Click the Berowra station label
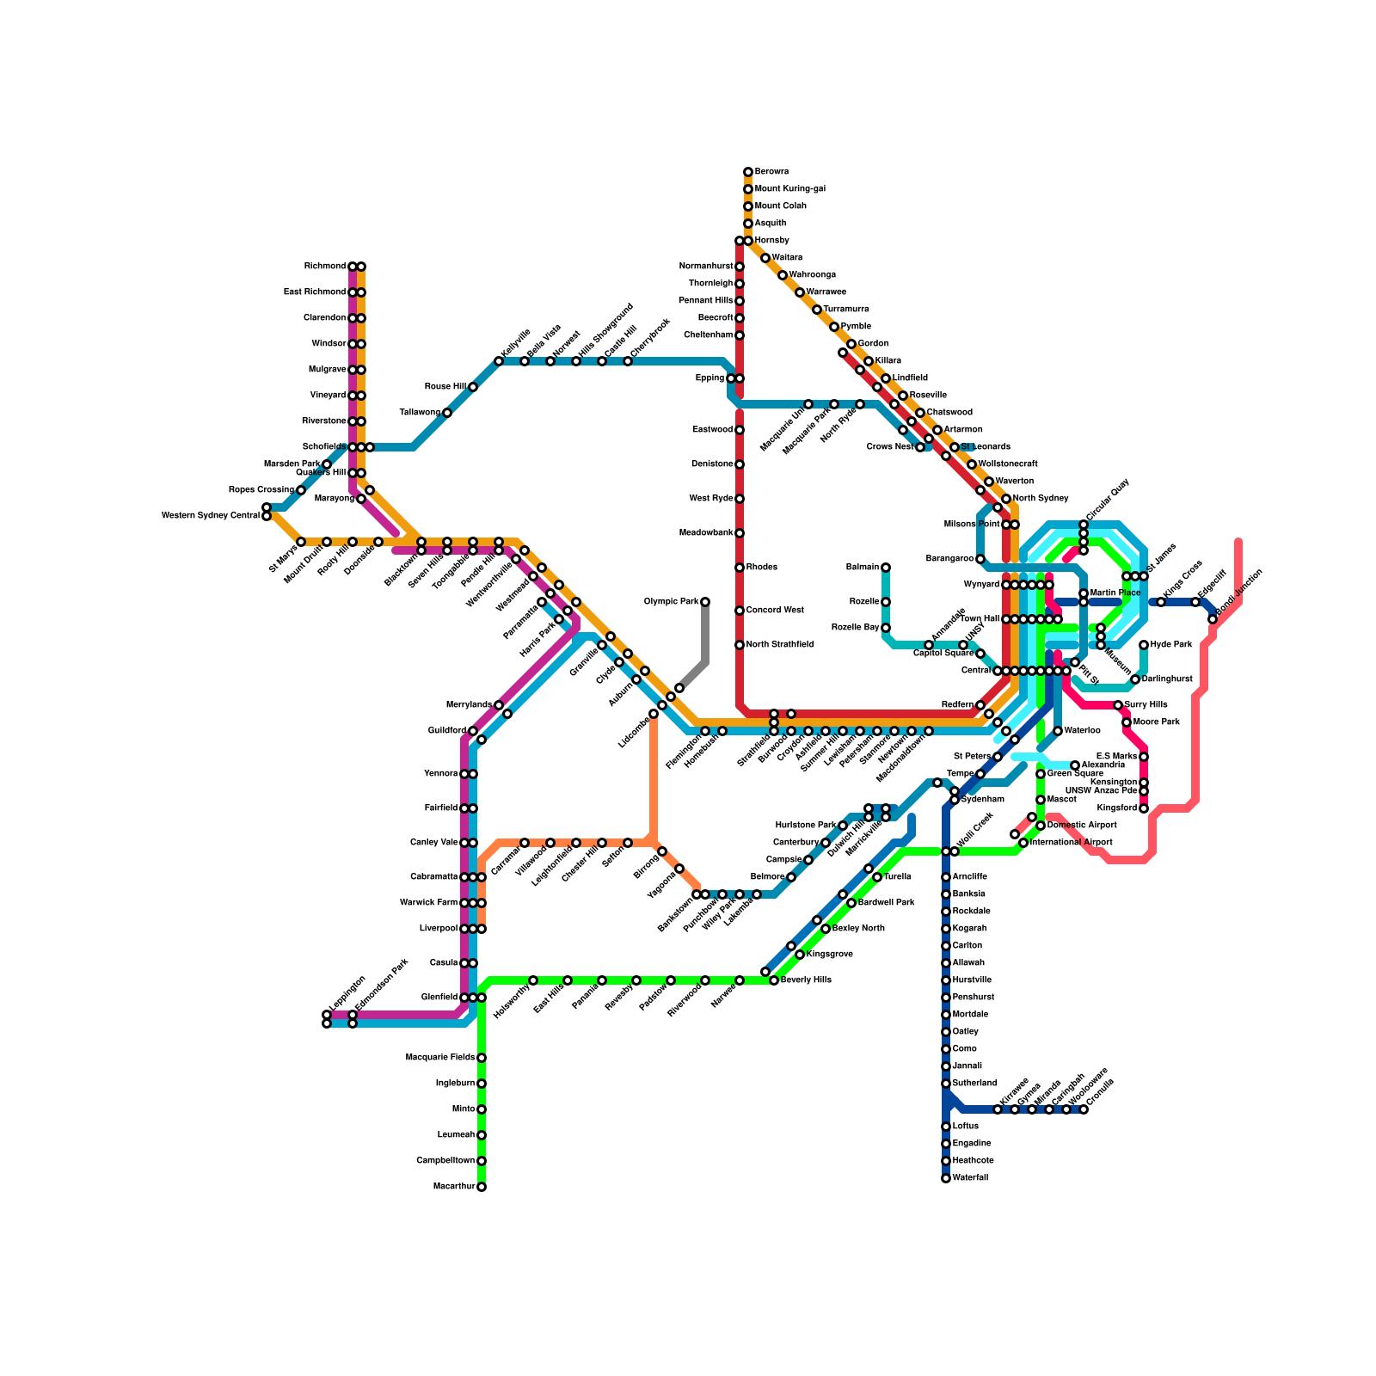pos(771,172)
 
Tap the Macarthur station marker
pos(482,1187)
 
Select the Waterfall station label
pos(971,1178)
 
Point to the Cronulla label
pos(1101,1092)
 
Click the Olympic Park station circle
pos(705,602)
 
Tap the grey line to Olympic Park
pos(705,636)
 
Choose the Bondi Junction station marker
pos(1213,619)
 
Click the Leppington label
pos(347,995)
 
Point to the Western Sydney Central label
pos(211,516)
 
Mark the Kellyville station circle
pos(499,361)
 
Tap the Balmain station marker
pos(886,568)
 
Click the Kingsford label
pos(1117,808)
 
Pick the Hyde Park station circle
pos(1144,645)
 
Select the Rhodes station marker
pos(740,568)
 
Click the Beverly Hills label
pos(807,980)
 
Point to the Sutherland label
pos(974,1084)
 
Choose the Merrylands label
pos(470,705)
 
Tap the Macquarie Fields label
pos(439,1058)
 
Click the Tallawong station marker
pos(447,413)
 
